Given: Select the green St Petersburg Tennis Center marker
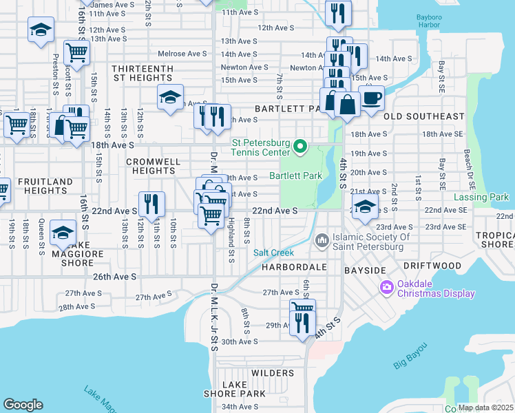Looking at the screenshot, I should [299, 146].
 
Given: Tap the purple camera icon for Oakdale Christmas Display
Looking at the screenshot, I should [386, 286].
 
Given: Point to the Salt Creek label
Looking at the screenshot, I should [274, 253].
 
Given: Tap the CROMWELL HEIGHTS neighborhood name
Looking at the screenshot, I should [146, 166].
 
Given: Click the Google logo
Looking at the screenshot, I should [23, 405].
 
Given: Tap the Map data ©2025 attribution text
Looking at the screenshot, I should [485, 407].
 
